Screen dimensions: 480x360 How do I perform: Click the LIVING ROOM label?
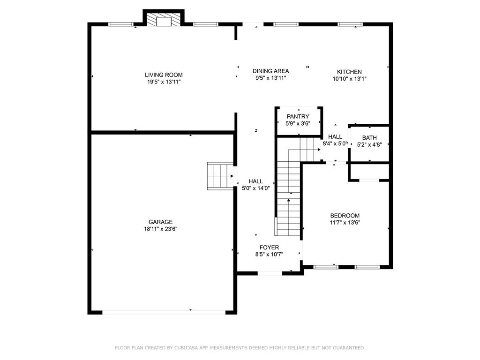pos(164,75)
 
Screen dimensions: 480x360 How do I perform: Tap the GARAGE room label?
pos(160,222)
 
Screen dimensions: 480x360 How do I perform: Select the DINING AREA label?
pos(270,71)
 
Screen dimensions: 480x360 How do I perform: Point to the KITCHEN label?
pos(349,72)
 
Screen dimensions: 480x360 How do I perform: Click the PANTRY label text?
pos(298,117)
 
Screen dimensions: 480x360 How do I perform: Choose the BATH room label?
pos(369,138)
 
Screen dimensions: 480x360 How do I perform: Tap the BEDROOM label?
pos(345,216)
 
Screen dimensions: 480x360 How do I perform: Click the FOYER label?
pos(269,247)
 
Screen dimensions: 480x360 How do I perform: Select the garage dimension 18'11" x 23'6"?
pos(160,229)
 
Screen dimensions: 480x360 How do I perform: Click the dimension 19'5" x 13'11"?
pos(164,82)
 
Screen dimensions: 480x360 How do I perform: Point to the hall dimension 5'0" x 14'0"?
pos(255,188)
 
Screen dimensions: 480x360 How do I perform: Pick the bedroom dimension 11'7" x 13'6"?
pos(345,223)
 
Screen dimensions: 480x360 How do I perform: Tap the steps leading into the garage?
pos(220,176)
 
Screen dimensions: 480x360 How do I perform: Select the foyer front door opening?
pos(270,273)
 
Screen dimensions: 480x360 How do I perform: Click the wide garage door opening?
pos(164,312)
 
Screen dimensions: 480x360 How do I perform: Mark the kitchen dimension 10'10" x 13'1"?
pos(350,79)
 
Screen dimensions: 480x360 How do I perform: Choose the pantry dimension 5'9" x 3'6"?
pos(298,124)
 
